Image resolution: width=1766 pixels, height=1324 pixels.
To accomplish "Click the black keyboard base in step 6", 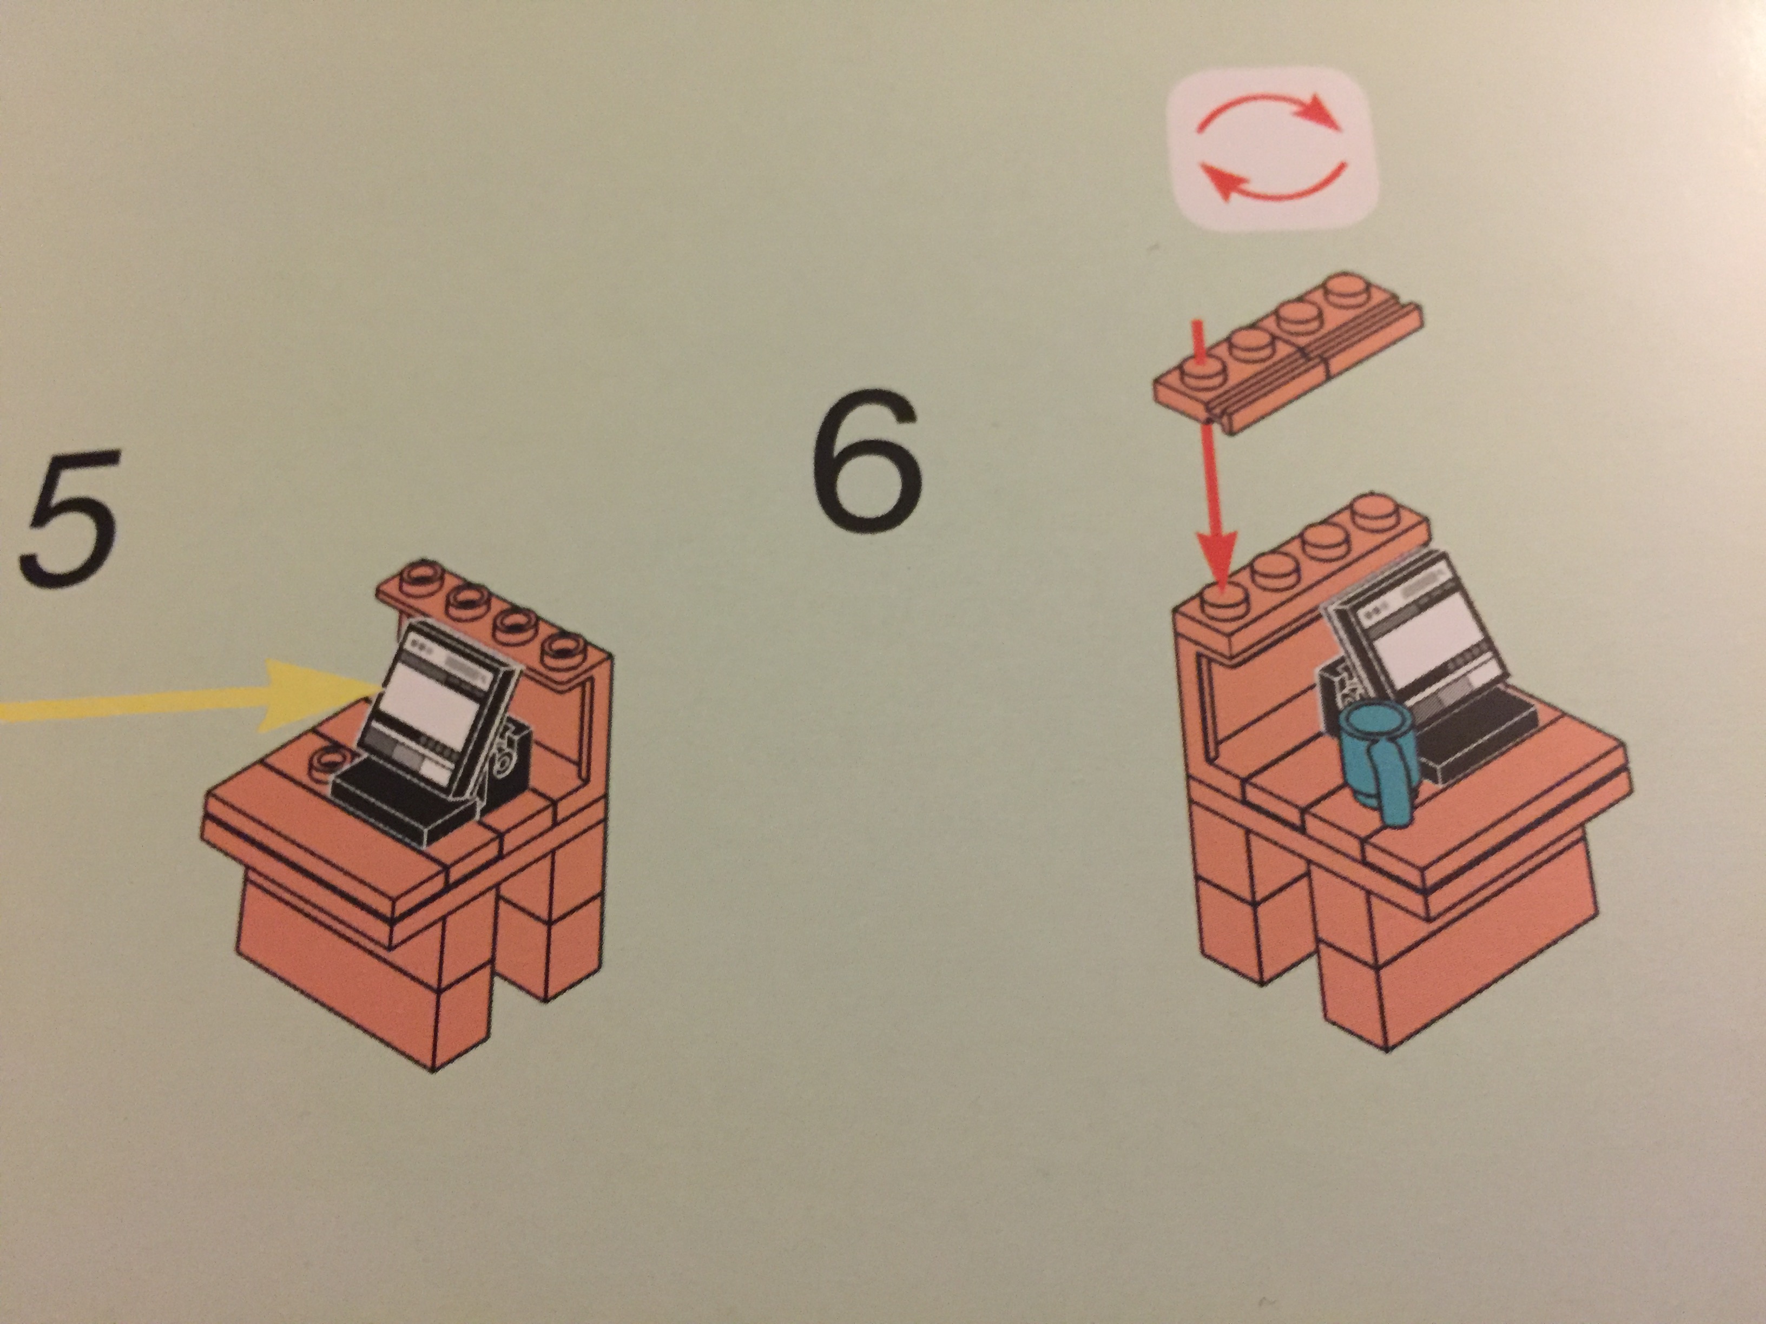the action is (1469, 734).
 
